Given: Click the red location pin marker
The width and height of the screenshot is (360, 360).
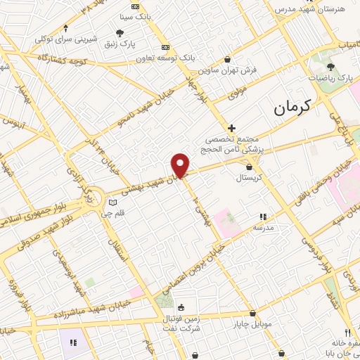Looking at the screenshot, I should click(181, 165).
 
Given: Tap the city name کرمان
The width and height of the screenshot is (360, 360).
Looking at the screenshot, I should click(290, 108).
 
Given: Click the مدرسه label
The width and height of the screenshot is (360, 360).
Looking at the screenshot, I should click(263, 228).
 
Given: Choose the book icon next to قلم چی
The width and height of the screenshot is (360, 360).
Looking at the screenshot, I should click(111, 204).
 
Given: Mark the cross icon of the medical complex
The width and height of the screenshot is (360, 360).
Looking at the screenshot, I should click(231, 127).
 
